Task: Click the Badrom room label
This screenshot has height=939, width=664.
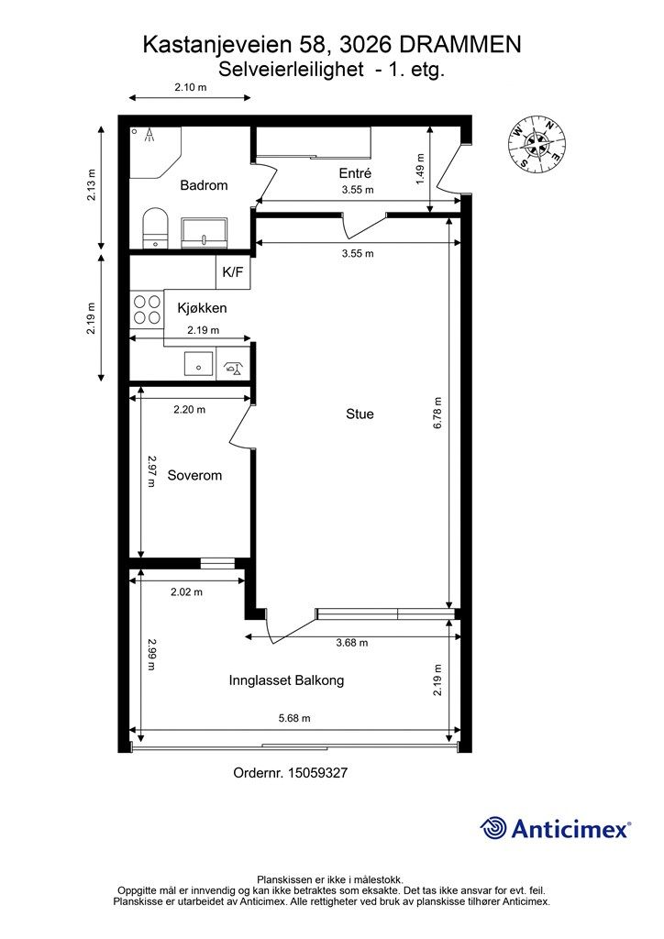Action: [x=204, y=185]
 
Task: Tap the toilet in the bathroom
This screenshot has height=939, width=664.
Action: [x=156, y=227]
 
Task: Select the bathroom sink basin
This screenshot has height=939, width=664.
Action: [x=205, y=232]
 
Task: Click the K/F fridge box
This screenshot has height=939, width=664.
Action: [x=233, y=272]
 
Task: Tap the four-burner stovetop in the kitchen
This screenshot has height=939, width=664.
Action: [x=147, y=309]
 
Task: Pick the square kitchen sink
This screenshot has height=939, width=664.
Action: [x=198, y=363]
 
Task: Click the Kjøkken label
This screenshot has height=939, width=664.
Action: [x=202, y=308]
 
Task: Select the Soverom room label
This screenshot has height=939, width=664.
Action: [x=194, y=476]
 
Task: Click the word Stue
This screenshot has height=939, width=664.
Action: [x=360, y=414]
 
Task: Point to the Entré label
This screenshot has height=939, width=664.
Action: [x=355, y=173]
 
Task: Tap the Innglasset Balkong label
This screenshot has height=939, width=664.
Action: [x=286, y=680]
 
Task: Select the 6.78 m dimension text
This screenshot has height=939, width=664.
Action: [x=437, y=413]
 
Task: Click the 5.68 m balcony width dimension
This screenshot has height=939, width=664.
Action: [x=294, y=718]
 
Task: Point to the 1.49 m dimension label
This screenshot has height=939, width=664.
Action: [x=420, y=169]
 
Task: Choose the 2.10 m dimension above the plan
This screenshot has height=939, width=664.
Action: [x=191, y=87]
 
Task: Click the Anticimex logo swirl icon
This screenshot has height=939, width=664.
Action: [x=493, y=829]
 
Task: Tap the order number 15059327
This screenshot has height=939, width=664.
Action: [x=318, y=773]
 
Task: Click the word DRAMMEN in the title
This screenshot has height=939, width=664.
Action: [x=459, y=46]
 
